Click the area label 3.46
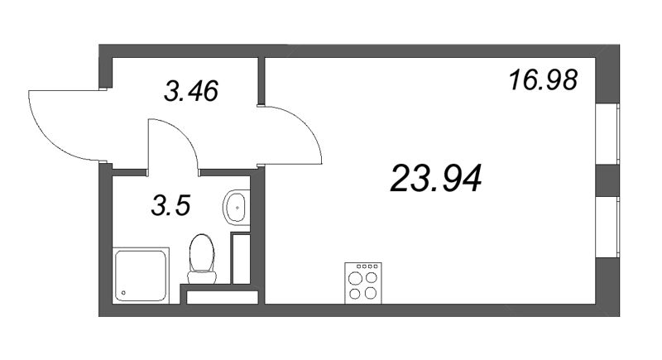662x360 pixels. click(191, 91)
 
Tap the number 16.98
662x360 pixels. click(543, 80)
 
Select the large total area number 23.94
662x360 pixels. click(436, 179)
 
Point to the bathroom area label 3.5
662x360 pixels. click(171, 206)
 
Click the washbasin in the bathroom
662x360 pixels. click(237, 208)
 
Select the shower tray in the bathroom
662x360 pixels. click(141, 276)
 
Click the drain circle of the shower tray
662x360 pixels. click(123, 292)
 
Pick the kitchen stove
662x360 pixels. click(363, 283)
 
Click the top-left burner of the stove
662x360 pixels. click(356, 279)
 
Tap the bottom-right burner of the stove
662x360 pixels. click(371, 292)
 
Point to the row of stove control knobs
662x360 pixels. click(367, 266)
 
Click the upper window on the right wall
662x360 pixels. click(607, 133)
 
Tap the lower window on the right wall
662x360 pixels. click(607, 227)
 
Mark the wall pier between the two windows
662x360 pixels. click(607, 180)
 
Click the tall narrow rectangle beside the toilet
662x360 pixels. click(242, 258)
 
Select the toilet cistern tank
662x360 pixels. click(202, 277)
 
